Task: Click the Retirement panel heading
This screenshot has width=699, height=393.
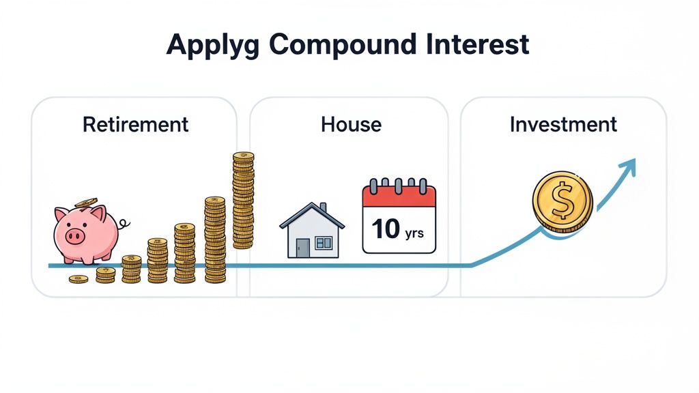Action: (x=135, y=125)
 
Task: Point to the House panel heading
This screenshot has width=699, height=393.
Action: (x=351, y=125)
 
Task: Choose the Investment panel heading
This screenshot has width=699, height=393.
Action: (x=563, y=125)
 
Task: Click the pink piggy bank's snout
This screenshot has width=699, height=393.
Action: (x=74, y=236)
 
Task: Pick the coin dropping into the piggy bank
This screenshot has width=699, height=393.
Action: (x=87, y=202)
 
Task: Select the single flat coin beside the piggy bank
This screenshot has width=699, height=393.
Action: (x=79, y=278)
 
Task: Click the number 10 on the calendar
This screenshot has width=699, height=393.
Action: (x=386, y=229)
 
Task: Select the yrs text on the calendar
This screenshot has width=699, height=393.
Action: (x=414, y=233)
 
